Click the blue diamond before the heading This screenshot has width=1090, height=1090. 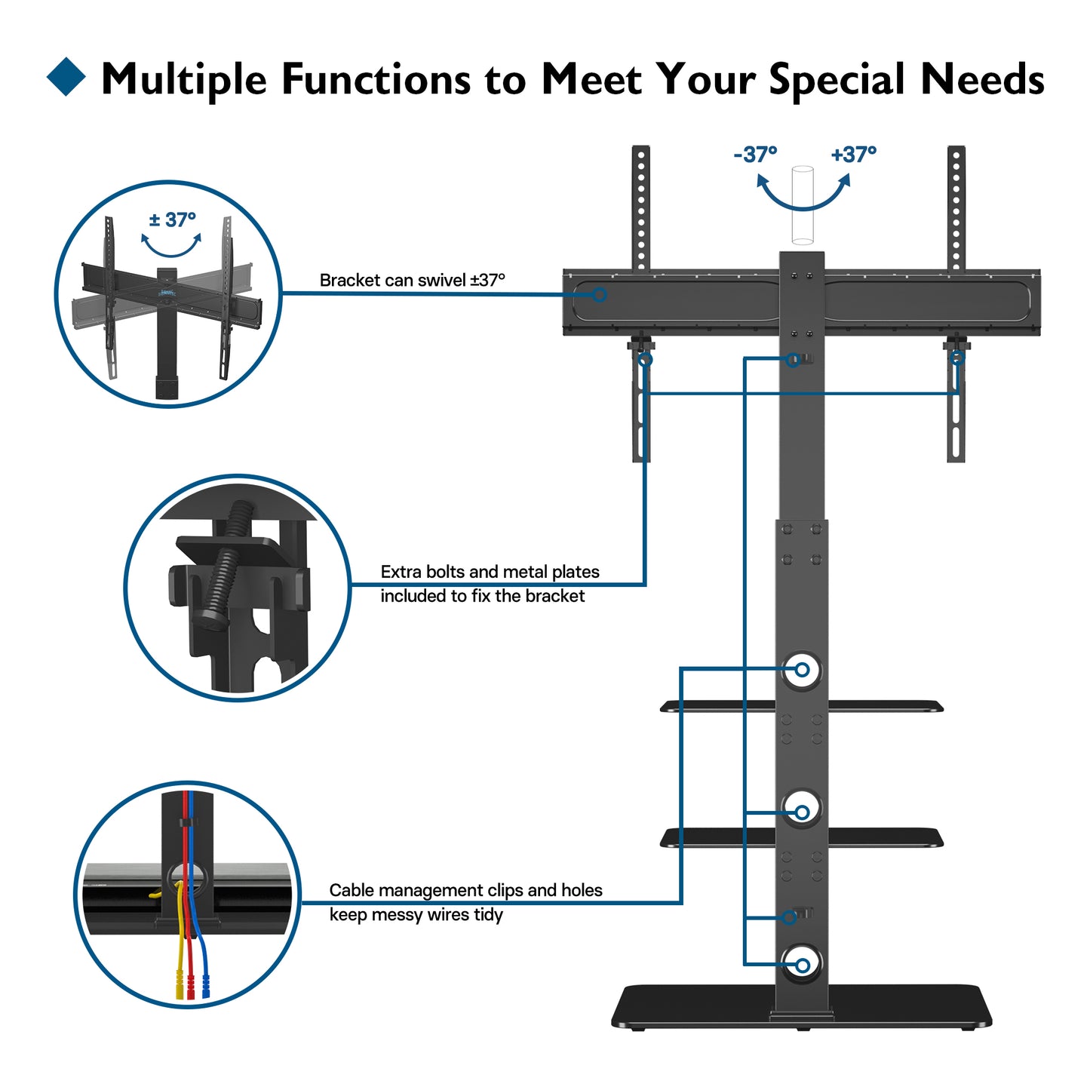click(66, 77)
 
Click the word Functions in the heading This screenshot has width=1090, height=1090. click(376, 78)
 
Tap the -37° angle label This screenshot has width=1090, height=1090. click(754, 155)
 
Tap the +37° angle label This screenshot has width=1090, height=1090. click(853, 155)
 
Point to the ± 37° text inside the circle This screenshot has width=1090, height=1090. click(172, 220)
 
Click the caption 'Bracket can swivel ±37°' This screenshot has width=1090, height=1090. click(412, 281)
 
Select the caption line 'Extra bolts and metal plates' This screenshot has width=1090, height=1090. click(490, 572)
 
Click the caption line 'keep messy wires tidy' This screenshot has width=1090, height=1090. click(416, 915)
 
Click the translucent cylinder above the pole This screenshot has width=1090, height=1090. click(802, 204)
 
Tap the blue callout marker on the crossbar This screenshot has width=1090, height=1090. click(599, 295)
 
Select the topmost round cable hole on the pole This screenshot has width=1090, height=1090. click(802, 670)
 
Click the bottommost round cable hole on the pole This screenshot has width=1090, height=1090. click(802, 966)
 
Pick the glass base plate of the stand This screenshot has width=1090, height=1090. click(801, 1006)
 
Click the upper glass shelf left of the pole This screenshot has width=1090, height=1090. click(717, 706)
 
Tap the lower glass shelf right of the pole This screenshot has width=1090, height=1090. click(886, 837)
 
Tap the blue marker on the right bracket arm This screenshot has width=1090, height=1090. click(957, 358)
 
